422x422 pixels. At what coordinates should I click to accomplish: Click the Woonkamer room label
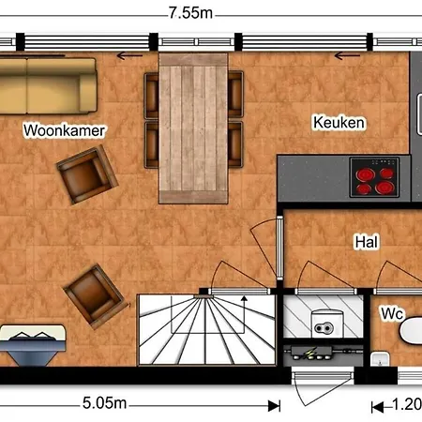click(64, 130)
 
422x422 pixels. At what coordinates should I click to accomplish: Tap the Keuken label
click(339, 122)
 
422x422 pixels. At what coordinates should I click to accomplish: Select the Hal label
click(367, 242)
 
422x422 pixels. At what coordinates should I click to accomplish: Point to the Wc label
click(393, 313)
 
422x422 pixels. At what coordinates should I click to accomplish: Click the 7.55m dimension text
click(190, 13)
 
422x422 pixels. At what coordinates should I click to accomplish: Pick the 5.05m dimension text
click(104, 403)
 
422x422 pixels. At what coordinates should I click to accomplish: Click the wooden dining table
click(193, 128)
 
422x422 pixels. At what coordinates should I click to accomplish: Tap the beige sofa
click(48, 86)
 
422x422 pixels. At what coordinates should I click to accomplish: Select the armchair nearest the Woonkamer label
click(87, 174)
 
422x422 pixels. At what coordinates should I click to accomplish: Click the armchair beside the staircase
click(96, 295)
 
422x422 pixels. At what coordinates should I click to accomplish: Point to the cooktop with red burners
click(374, 177)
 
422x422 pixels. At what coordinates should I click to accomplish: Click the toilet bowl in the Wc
click(412, 331)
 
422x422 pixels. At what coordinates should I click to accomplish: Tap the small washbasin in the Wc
click(380, 359)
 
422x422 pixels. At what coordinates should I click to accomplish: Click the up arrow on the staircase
click(244, 314)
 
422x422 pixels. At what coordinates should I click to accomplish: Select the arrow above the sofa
click(129, 56)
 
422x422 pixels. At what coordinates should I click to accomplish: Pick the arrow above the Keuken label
click(347, 56)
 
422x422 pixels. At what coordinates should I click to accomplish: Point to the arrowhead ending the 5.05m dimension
click(274, 406)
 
